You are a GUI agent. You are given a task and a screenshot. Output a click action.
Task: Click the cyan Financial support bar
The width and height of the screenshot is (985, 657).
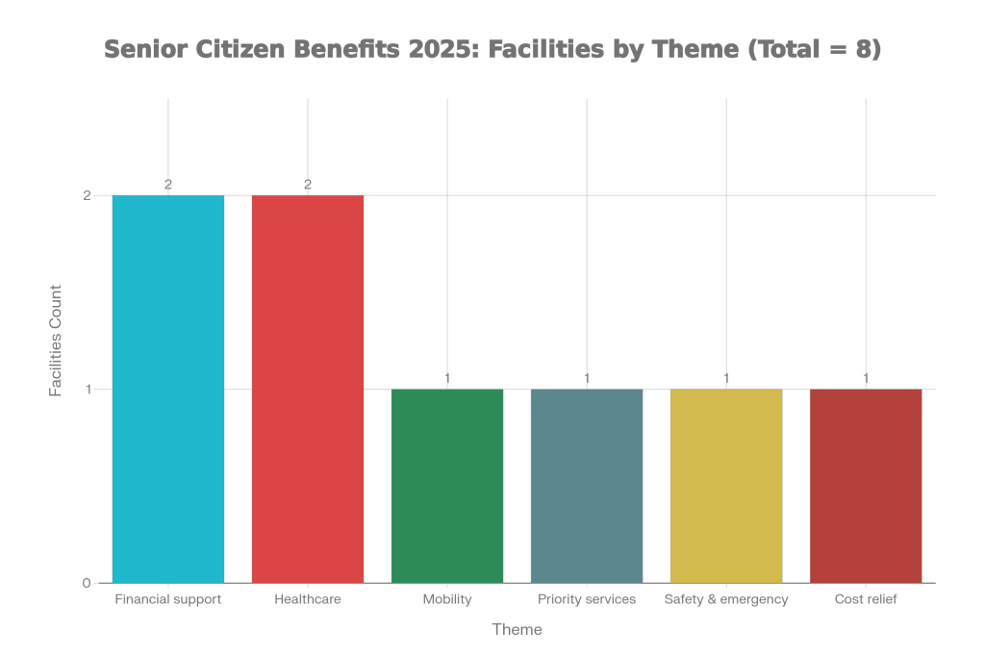click(168, 389)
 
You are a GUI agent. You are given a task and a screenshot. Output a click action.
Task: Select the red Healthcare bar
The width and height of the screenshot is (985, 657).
click(308, 389)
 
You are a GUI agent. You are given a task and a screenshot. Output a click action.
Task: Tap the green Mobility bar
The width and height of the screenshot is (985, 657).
click(447, 486)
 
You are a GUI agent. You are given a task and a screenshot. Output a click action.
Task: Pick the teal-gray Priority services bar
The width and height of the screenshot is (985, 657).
click(587, 486)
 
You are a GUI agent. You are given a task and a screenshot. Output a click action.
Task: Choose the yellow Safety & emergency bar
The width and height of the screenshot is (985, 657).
click(726, 486)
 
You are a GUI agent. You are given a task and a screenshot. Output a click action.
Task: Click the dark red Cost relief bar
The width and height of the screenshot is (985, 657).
click(866, 486)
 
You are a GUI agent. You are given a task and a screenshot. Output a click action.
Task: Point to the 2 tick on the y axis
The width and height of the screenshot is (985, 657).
click(87, 195)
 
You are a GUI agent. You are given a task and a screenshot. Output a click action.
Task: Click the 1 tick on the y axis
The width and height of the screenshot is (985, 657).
click(87, 390)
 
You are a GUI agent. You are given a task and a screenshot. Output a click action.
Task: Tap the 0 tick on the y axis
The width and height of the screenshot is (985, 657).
click(87, 583)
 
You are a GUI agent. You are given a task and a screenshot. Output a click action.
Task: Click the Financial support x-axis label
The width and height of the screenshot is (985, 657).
click(168, 599)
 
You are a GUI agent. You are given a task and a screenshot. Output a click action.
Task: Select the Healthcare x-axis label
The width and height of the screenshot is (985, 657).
click(308, 599)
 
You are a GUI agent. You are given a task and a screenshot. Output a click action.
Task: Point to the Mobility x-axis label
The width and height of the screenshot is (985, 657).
click(447, 599)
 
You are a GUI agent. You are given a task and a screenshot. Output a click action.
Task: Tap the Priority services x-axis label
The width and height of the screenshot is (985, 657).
click(587, 599)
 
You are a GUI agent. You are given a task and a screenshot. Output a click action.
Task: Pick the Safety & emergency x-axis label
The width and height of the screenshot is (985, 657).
click(726, 599)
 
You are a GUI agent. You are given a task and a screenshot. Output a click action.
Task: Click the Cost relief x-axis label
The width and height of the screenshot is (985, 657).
click(866, 599)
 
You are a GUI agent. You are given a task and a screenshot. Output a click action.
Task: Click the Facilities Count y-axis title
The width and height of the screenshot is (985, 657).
click(57, 341)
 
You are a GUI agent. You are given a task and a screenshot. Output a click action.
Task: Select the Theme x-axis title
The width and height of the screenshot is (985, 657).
click(517, 630)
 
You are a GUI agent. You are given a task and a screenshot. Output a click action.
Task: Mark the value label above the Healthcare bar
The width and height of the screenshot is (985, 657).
click(308, 184)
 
